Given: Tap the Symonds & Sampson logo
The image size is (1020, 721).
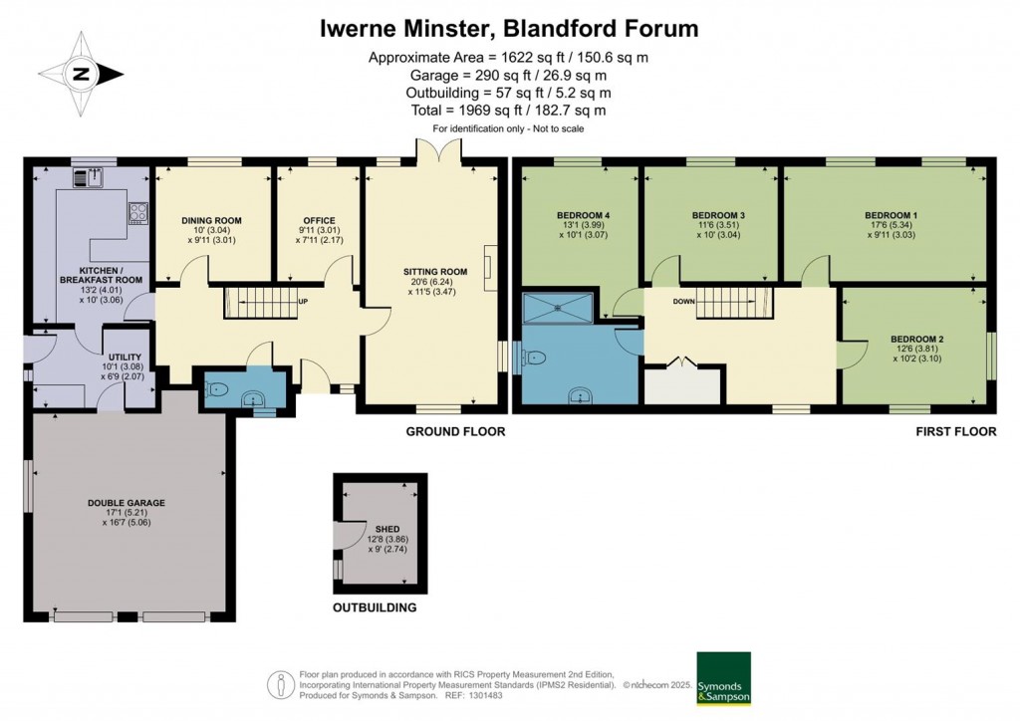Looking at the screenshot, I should coord(723,678).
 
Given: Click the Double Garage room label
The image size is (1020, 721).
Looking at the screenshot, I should coord(126,503).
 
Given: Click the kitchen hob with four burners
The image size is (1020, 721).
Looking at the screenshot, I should coord(137,211).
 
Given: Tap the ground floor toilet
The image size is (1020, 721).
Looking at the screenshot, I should coord(221,389).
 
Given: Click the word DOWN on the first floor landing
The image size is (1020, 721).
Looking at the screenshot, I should coord(683,301).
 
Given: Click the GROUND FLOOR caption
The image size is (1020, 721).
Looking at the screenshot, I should coord(455,432).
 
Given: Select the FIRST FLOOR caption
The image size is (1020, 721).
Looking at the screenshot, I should coord(956,432).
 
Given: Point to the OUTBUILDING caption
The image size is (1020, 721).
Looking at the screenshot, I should coord(375,607).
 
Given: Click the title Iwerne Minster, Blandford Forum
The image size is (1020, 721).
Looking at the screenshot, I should coord(509,28).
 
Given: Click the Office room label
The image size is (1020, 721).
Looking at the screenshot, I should coord(319,221).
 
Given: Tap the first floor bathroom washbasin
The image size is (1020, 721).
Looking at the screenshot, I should coord(581,395).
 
